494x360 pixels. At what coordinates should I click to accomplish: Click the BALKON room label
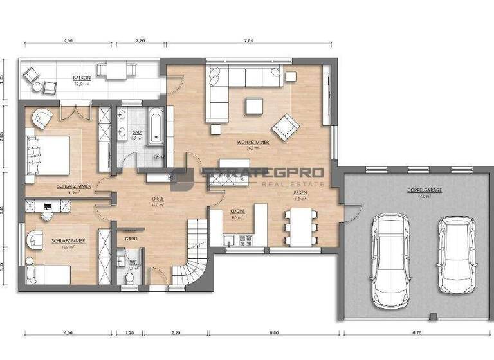point(82,78)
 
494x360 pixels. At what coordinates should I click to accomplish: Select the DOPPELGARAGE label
point(419,191)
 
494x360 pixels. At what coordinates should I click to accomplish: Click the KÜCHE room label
point(236,212)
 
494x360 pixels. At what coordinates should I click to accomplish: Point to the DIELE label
point(158,199)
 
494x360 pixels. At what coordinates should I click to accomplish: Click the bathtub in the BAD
point(156,125)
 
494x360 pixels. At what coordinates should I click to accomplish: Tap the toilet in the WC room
point(129,277)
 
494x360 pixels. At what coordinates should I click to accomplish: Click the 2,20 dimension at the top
point(141,40)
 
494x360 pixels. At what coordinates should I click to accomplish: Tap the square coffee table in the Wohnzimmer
point(253,106)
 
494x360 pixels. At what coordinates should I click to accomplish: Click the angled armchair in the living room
point(284,126)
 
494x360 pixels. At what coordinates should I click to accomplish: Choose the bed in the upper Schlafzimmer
point(48,154)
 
